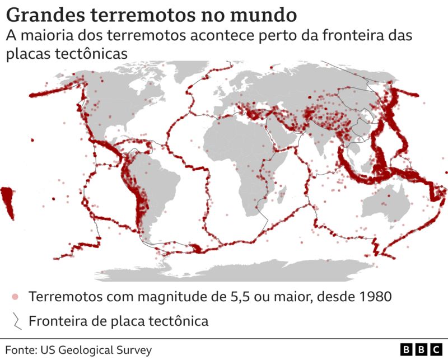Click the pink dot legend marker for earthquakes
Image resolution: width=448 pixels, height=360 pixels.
click(x=16, y=296)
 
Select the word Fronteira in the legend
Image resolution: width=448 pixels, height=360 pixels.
click(x=58, y=321)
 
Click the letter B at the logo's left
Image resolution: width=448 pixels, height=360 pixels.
click(x=407, y=350)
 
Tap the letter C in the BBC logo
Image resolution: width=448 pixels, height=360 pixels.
click(x=435, y=350)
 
